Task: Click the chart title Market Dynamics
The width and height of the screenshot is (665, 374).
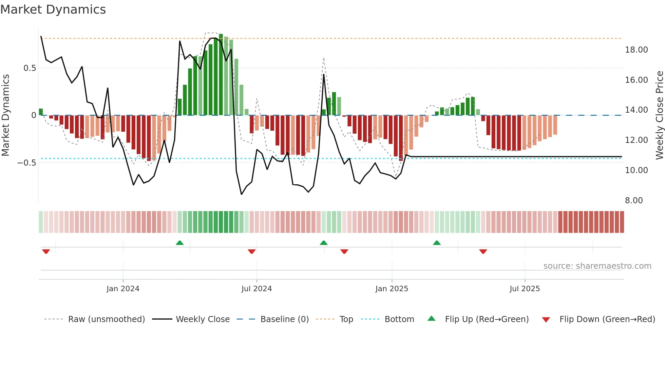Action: [x=53, y=10]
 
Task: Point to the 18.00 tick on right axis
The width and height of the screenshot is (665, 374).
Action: [x=636, y=50]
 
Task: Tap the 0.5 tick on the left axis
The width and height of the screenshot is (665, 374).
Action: [x=30, y=68]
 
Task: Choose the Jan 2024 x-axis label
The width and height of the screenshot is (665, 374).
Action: [x=123, y=289]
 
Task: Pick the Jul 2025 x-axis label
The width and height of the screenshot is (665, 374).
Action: [x=525, y=289]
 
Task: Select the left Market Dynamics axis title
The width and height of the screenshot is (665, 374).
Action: [x=5, y=115]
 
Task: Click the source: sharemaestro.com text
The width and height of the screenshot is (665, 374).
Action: [x=597, y=266]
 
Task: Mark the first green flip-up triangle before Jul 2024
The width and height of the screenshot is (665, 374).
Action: [x=180, y=243]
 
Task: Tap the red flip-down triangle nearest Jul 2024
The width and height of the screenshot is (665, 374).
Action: [x=252, y=251]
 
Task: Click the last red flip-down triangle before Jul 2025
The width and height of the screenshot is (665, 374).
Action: [x=483, y=251]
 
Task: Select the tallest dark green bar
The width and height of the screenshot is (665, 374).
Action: [x=221, y=75]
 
